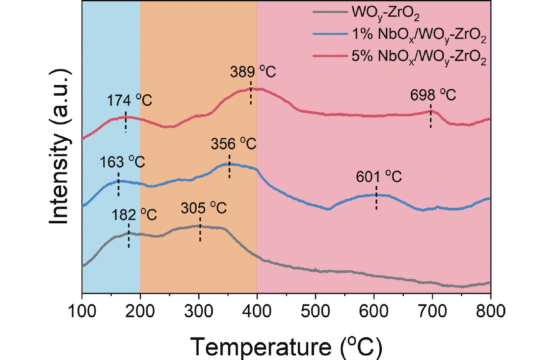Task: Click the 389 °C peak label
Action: point(253,72)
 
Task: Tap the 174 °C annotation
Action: point(129,100)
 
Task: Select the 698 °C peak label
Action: point(433,95)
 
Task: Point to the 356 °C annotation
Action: point(233,144)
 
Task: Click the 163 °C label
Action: point(122,162)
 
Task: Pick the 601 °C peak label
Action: point(378,177)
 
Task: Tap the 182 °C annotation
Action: point(134,215)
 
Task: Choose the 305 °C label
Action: point(203,208)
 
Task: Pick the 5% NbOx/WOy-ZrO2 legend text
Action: point(419,57)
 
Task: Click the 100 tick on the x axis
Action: point(82,311)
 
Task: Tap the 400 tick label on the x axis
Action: point(257,311)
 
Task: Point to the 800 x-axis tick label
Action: point(490,311)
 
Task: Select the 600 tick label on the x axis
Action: point(374,311)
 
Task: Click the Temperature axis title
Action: point(286,347)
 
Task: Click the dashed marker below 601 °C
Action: point(377,198)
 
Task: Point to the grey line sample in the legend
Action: point(330,12)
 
